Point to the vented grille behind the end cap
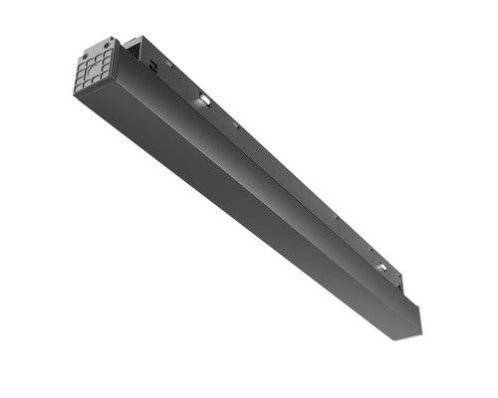click(x=136, y=51)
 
